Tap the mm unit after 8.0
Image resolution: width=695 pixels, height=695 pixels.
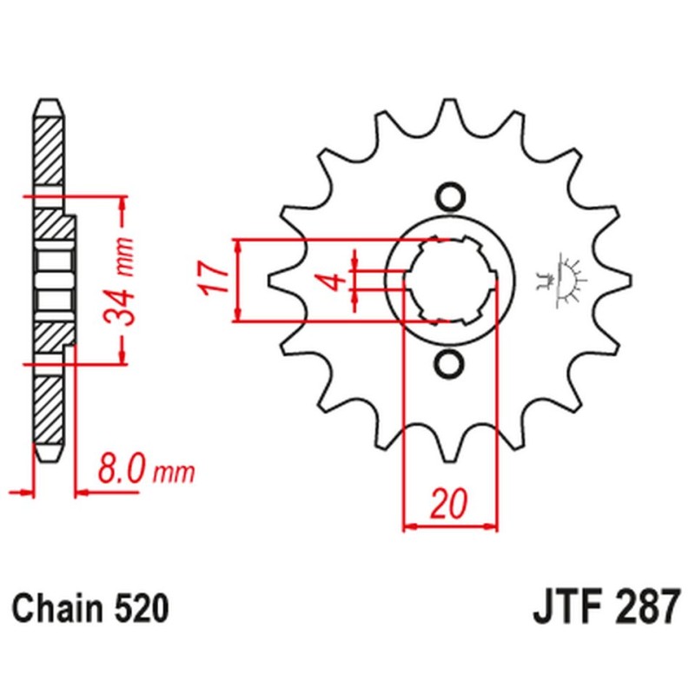point(175,474)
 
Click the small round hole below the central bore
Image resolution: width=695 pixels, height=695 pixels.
point(450,364)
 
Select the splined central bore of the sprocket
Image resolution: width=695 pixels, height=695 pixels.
point(450,281)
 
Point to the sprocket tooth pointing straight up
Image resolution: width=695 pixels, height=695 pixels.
point(450,113)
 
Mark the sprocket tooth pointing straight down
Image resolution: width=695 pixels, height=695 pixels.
point(450,447)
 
